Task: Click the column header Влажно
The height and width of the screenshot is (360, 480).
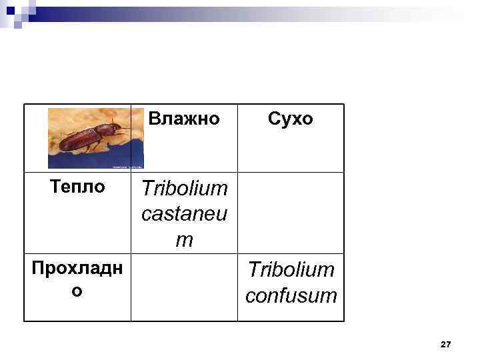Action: (x=184, y=119)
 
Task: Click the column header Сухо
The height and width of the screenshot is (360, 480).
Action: (x=290, y=119)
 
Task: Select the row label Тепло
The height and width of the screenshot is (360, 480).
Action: (x=78, y=187)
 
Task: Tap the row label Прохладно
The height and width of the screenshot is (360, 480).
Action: (x=77, y=271)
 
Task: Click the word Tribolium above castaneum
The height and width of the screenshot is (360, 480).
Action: (x=184, y=189)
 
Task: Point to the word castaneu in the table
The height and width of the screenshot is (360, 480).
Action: (x=184, y=215)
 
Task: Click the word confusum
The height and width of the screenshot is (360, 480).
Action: (x=291, y=295)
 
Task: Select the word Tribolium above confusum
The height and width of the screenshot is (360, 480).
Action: (x=291, y=270)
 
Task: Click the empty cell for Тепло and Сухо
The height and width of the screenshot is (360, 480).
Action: (x=291, y=212)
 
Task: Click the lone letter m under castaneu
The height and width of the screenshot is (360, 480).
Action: (x=184, y=240)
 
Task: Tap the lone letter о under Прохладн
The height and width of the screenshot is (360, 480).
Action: (x=77, y=292)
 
